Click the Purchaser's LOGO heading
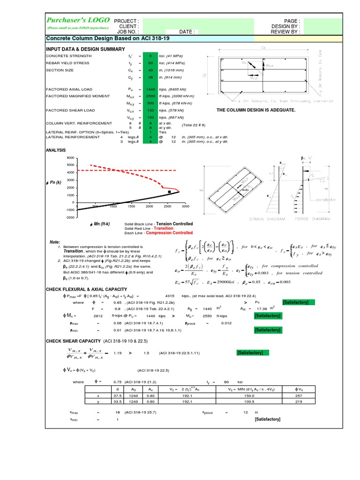[x=78, y=20]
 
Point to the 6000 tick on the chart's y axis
[x=70, y=158]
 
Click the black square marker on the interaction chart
[x=169, y=192]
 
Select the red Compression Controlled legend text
[x=169, y=232]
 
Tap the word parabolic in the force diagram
[x=325, y=199]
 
